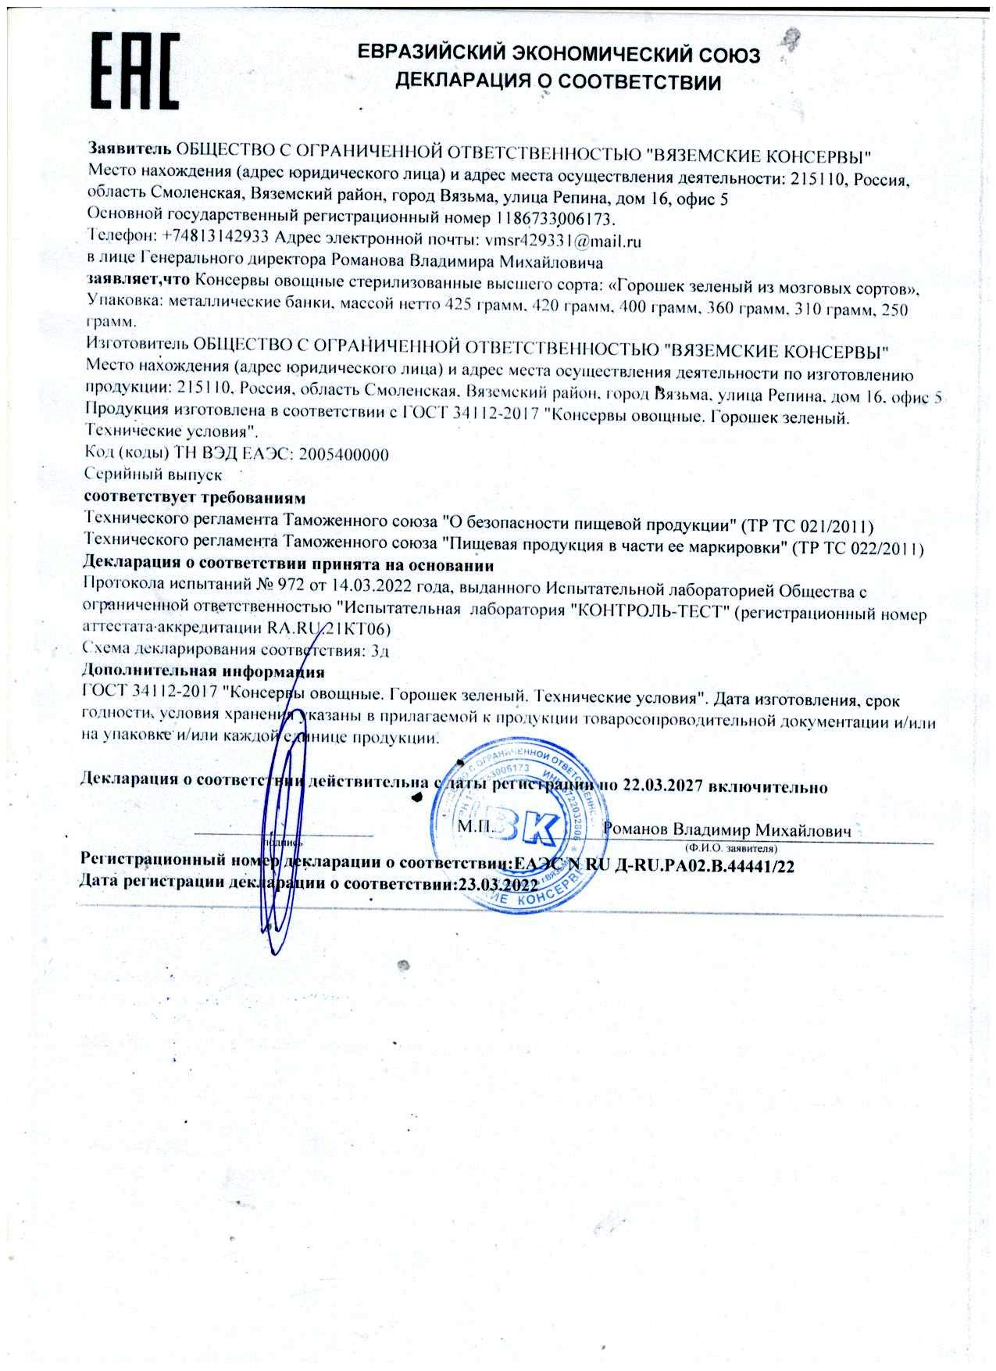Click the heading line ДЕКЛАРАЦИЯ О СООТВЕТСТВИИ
(558, 81)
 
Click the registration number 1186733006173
(555, 218)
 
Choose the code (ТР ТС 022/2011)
(857, 548)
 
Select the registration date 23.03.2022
(499, 885)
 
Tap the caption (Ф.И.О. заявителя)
(729, 848)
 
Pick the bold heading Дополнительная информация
(203, 671)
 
